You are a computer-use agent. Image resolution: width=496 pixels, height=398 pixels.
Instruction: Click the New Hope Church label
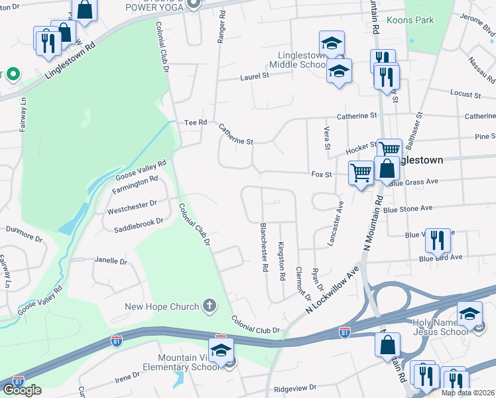pos(162,306)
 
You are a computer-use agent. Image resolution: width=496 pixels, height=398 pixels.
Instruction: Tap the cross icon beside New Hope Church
pos(210,306)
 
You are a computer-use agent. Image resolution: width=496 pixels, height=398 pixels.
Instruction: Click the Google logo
pos(22,390)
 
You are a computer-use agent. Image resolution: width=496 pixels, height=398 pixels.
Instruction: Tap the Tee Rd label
pos(196,122)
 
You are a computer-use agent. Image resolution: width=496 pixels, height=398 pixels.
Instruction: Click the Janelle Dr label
pos(110,261)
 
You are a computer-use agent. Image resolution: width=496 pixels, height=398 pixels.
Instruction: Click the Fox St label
pos(321,174)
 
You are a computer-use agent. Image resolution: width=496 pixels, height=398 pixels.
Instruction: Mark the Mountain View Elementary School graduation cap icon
pos(221,350)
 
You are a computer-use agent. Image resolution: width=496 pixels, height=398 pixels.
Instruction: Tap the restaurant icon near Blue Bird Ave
pos(437,240)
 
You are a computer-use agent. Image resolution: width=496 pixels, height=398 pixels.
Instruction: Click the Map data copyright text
pos(467,393)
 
